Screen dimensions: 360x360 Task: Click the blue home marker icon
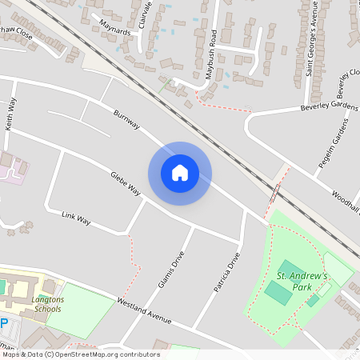coord(180,172)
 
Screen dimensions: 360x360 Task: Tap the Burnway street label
coord(127,120)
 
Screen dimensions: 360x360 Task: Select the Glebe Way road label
coord(126,181)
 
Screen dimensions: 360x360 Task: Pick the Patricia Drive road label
coord(227,274)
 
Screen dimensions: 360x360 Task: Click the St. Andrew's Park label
coord(303,281)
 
